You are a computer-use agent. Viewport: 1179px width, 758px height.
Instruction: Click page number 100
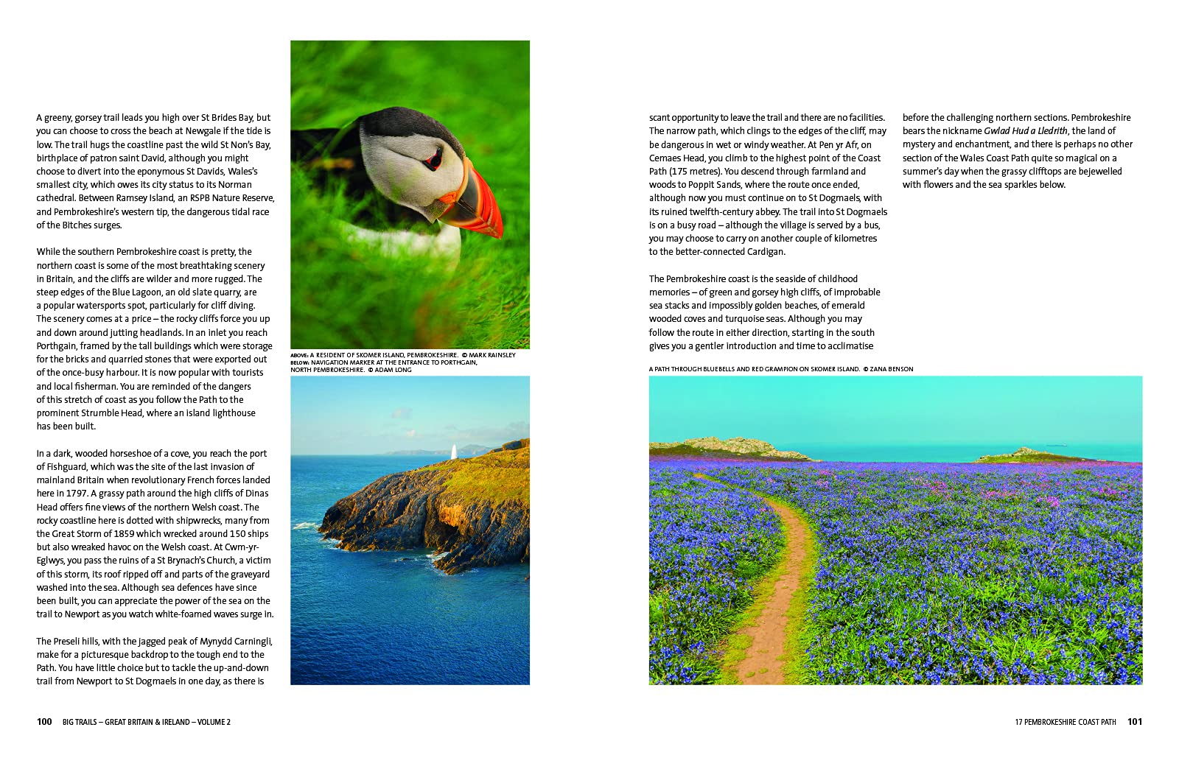(x=44, y=722)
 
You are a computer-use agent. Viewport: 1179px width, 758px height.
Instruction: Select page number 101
(x=1135, y=722)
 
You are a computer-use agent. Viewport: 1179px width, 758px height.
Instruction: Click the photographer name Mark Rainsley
(x=492, y=355)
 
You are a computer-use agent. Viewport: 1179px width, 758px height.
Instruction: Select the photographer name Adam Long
(x=393, y=370)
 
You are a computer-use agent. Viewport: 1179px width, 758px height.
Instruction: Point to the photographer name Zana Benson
(x=892, y=369)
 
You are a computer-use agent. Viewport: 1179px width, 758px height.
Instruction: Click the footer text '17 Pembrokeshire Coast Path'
(x=1065, y=722)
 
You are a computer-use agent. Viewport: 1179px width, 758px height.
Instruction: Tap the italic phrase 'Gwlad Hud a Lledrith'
(x=1026, y=131)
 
